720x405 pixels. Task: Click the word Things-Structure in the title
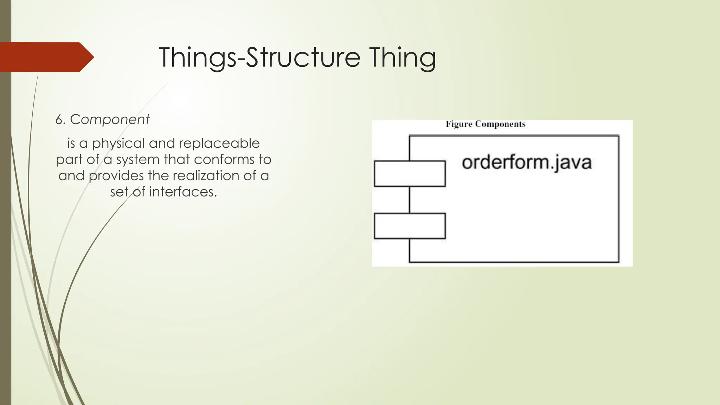[259, 57]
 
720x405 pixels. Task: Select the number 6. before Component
[60, 120]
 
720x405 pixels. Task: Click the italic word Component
[110, 120]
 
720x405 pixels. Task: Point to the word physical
[118, 143]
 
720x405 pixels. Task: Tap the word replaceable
[219, 143]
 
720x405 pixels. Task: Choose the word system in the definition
[138, 160]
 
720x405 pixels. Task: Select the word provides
[116, 176]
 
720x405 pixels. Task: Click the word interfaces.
[183, 192]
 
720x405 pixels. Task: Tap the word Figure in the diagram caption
[459, 124]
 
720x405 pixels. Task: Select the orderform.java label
[526, 163]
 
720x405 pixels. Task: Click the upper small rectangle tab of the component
[410, 174]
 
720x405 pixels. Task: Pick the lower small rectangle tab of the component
[410, 226]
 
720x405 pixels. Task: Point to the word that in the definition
[177, 160]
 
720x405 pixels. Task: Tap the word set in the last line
[119, 192]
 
